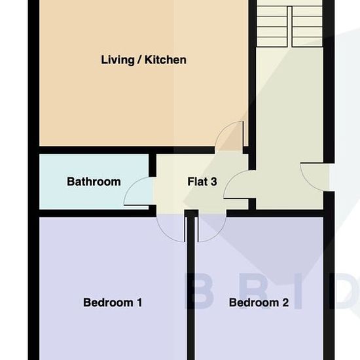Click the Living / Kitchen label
pos(143,60)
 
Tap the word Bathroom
pos(94,181)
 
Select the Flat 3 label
pos(202,181)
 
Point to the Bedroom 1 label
pos(113,302)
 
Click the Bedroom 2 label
pos(259,302)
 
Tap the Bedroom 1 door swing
pos(165,234)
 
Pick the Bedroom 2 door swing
pos(218,234)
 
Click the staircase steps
pos(289,24)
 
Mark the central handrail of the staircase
pos(289,26)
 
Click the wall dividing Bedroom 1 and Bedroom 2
pos(190,285)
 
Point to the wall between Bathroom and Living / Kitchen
pos(94,150)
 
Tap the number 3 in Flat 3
pos(213,181)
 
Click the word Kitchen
pos(166,60)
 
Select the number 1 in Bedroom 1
pos(139,302)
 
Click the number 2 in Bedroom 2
pos(285,302)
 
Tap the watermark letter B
pos(199,291)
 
